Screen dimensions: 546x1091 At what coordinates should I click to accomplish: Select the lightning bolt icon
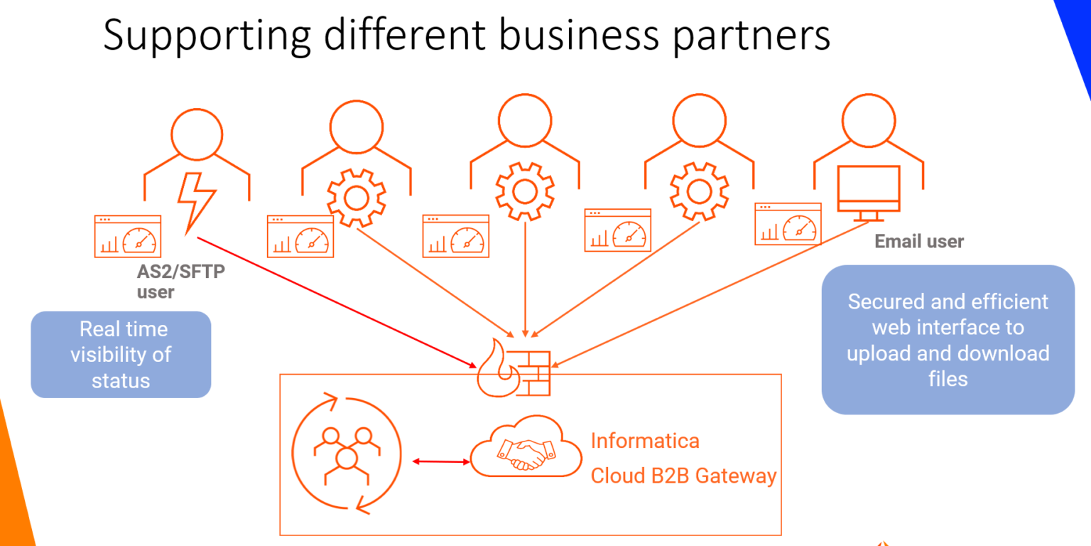point(194,202)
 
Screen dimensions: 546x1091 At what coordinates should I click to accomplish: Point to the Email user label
point(918,242)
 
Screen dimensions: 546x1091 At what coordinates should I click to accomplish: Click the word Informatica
point(645,441)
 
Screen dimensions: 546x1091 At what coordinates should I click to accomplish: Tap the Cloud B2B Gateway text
point(683,476)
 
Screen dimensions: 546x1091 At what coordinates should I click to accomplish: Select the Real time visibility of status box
point(121,354)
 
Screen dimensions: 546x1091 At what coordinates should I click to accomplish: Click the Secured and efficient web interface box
point(948,340)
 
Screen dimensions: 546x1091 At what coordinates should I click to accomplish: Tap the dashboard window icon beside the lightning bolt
point(128,236)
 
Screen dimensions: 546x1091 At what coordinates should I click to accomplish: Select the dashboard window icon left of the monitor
point(787,224)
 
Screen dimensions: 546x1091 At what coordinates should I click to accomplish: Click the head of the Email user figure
point(868,122)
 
